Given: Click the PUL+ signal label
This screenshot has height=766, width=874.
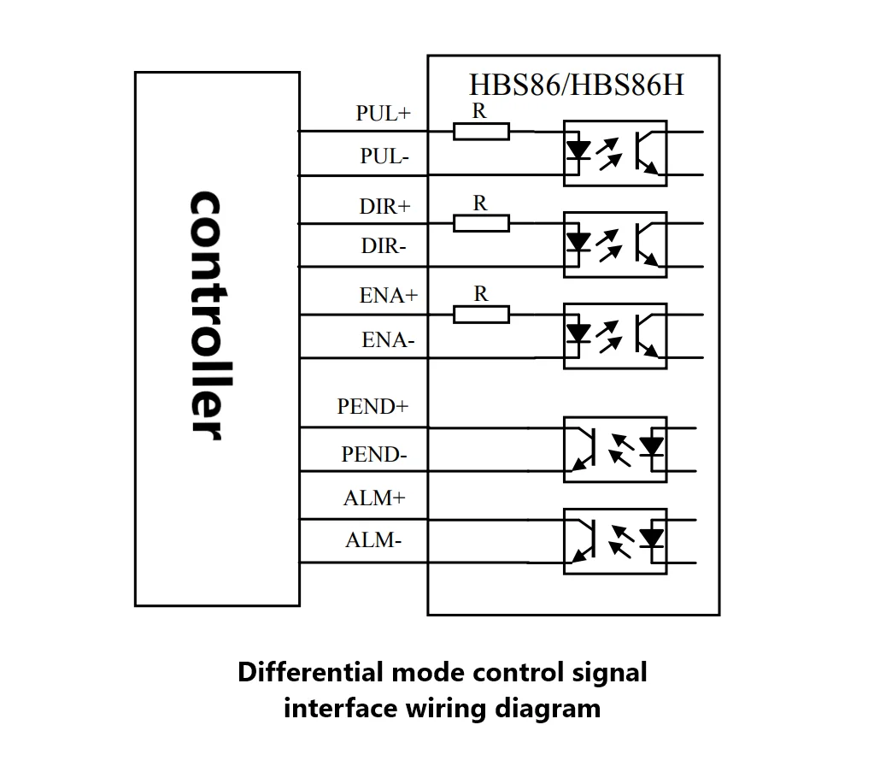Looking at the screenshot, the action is (384, 113).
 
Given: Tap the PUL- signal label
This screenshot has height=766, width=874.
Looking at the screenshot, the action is (384, 156).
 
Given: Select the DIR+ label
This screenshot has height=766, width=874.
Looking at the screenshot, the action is (384, 206).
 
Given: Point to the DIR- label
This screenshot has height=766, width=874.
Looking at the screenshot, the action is (384, 245).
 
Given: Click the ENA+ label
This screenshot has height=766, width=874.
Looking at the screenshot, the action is (389, 295).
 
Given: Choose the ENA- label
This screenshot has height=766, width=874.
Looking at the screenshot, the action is (388, 339).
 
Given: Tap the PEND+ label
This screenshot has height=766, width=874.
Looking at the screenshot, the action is (372, 406).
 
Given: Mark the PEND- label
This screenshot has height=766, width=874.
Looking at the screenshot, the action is (374, 454).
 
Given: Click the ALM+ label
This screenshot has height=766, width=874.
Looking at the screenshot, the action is (374, 498).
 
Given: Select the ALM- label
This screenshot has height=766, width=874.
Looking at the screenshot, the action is (372, 540).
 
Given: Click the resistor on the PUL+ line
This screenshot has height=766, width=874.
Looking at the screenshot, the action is (481, 132).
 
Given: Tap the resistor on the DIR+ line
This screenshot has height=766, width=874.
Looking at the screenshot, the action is (481, 223).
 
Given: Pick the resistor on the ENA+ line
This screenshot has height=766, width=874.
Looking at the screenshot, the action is (481, 315).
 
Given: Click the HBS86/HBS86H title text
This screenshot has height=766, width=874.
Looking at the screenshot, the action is (577, 85).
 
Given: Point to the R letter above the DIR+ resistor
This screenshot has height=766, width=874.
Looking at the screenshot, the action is (480, 203).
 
